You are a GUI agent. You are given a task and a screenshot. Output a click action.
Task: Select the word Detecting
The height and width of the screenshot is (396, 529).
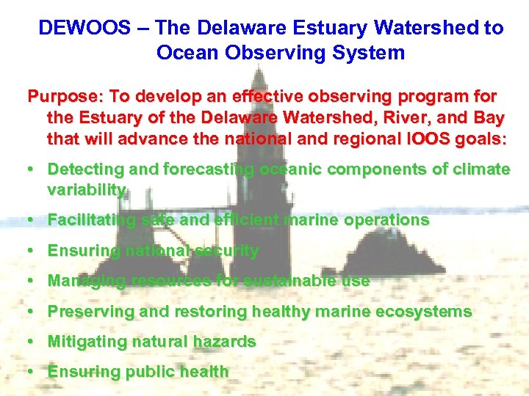click(82, 169)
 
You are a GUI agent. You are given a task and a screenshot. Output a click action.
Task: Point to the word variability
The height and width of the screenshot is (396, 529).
click(87, 190)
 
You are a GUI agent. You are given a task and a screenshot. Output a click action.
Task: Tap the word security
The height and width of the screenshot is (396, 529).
click(226, 251)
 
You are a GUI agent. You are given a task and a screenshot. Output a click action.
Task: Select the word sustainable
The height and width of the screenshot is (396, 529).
click(289, 281)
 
